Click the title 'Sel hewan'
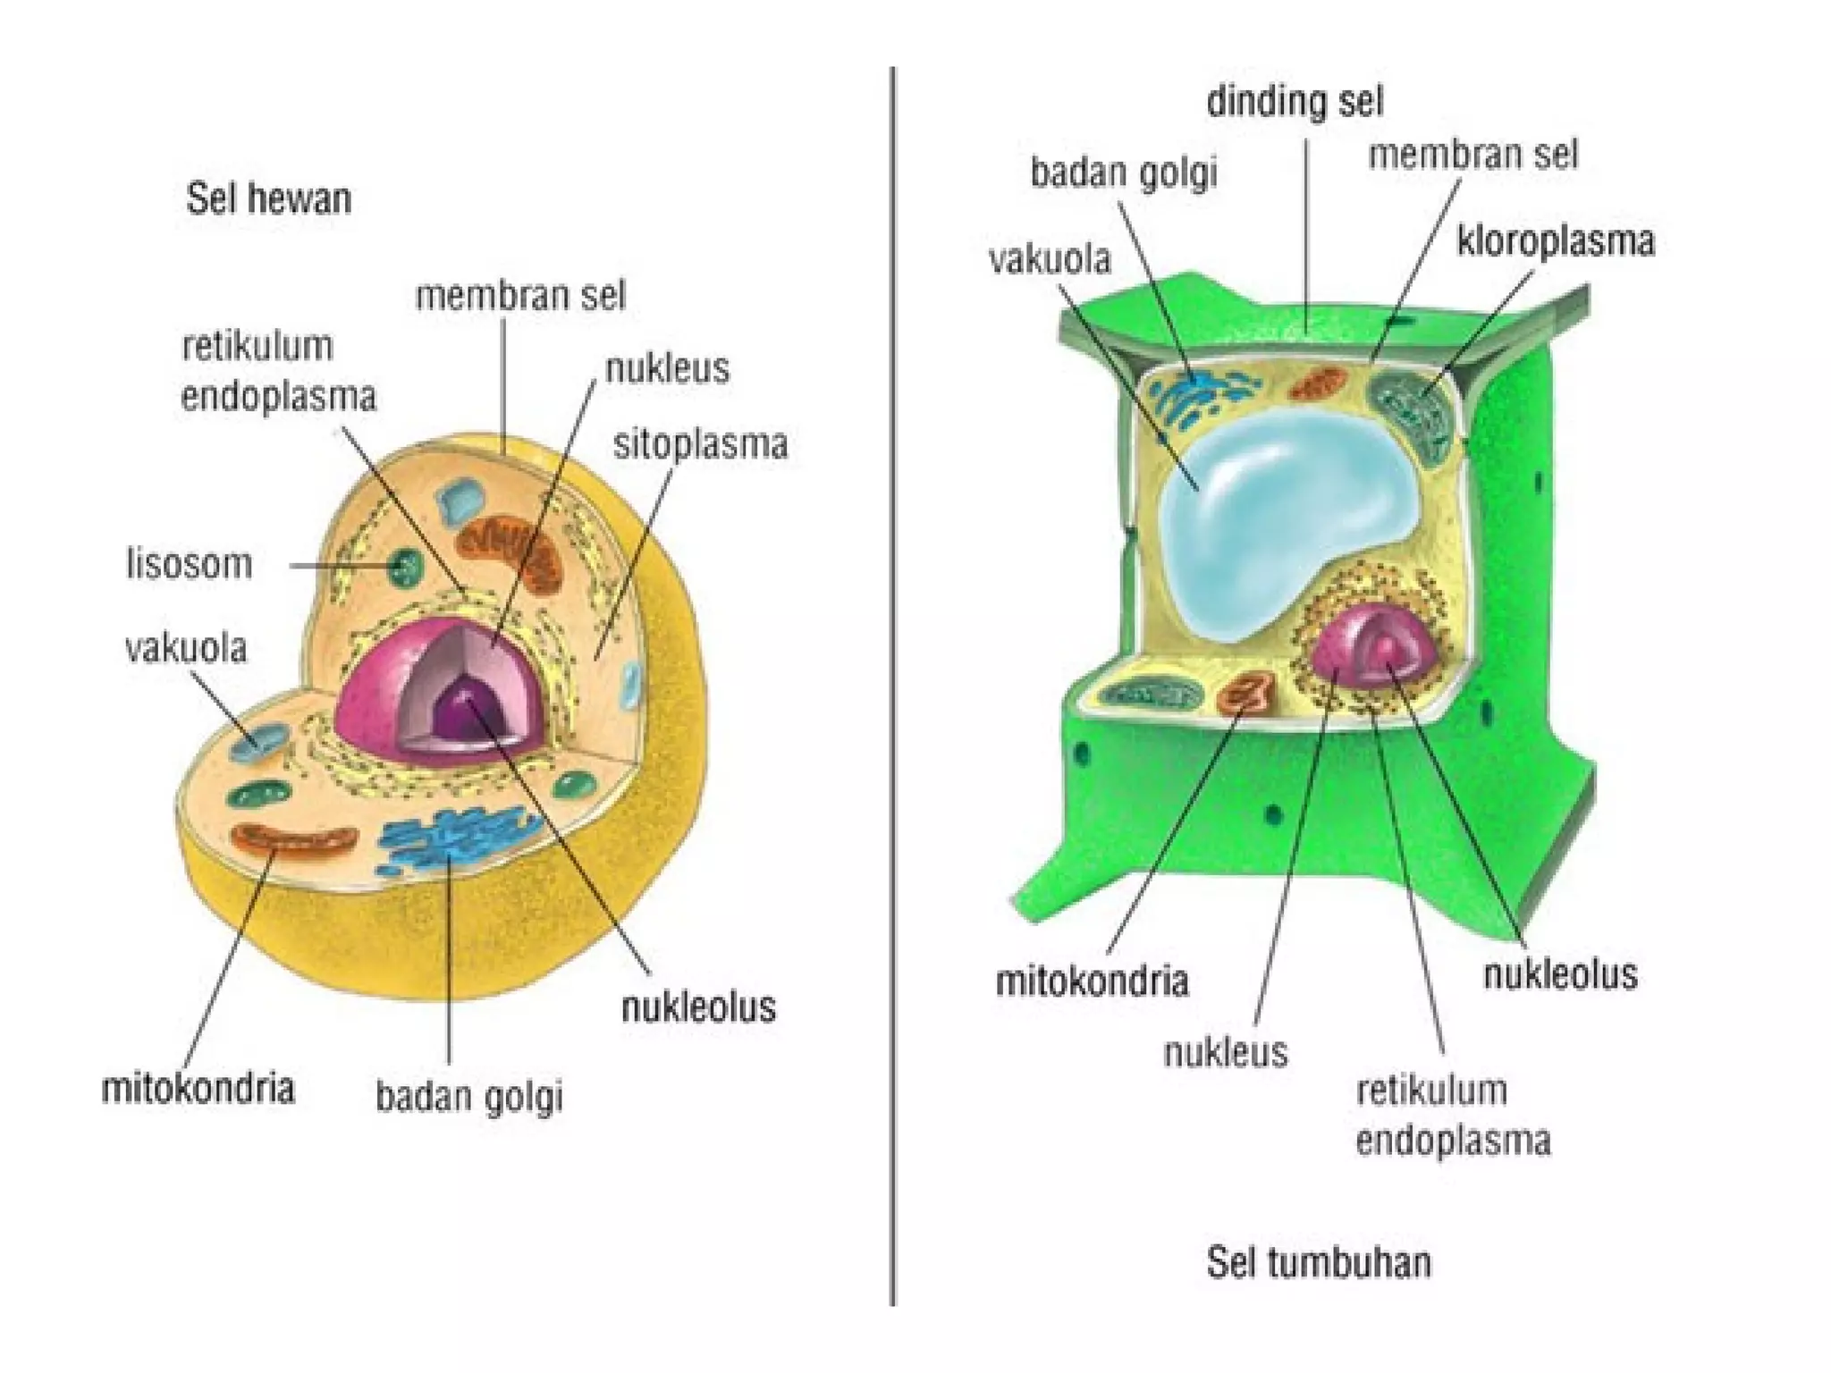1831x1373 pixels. pyautogui.click(x=268, y=198)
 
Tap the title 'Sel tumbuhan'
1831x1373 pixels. pyautogui.click(x=1319, y=1262)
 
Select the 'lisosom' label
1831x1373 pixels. pyautogui.click(x=190, y=565)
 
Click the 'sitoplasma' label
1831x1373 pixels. pyautogui.click(x=700, y=444)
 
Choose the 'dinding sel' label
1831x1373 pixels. pyautogui.click(x=1295, y=102)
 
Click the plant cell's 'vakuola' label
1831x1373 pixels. pyautogui.click(x=1050, y=259)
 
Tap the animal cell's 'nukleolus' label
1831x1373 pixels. pyautogui.click(x=698, y=1007)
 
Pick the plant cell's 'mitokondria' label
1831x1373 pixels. pyautogui.click(x=1092, y=981)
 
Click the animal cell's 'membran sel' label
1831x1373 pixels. pyautogui.click(x=520, y=296)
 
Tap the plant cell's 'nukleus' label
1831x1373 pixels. pyautogui.click(x=1226, y=1052)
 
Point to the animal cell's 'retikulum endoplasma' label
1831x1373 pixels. pyautogui.click(x=278, y=371)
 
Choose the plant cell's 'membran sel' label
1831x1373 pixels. pyautogui.click(x=1472, y=156)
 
